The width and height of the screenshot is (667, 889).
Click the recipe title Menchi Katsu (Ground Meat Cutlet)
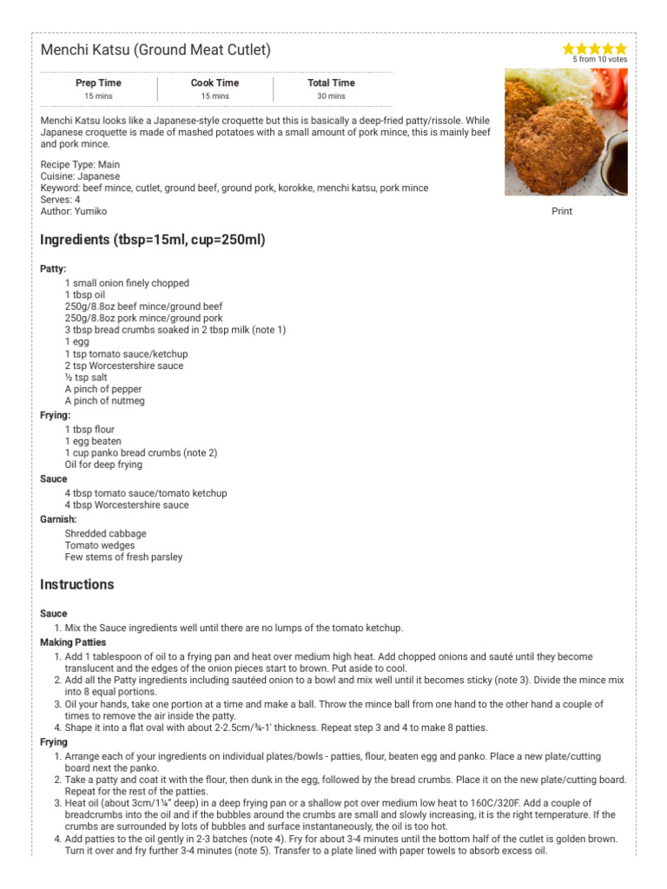(x=155, y=50)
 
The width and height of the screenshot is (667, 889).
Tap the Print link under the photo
(x=562, y=211)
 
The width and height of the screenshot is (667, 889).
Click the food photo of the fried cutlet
(x=565, y=132)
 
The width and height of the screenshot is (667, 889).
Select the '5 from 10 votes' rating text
(x=599, y=60)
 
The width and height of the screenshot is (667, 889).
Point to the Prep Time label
(x=98, y=83)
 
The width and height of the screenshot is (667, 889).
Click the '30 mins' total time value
(x=331, y=96)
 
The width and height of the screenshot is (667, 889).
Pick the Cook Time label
(x=215, y=83)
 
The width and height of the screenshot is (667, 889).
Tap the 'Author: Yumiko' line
(x=74, y=211)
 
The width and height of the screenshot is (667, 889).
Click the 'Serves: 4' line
(x=61, y=200)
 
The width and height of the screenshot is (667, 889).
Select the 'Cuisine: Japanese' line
(x=80, y=176)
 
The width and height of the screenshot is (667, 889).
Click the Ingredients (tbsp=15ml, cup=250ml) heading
(x=153, y=240)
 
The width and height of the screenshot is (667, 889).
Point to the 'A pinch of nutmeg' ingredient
(x=105, y=401)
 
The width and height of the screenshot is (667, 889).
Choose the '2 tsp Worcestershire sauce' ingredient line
(x=124, y=366)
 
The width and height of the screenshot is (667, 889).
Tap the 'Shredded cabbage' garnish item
(x=105, y=534)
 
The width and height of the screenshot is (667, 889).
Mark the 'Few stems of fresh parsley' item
(x=123, y=557)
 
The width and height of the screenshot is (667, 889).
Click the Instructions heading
(x=77, y=584)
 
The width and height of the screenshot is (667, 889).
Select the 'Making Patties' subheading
(x=73, y=642)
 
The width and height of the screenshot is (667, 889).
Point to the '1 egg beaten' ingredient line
(x=93, y=441)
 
